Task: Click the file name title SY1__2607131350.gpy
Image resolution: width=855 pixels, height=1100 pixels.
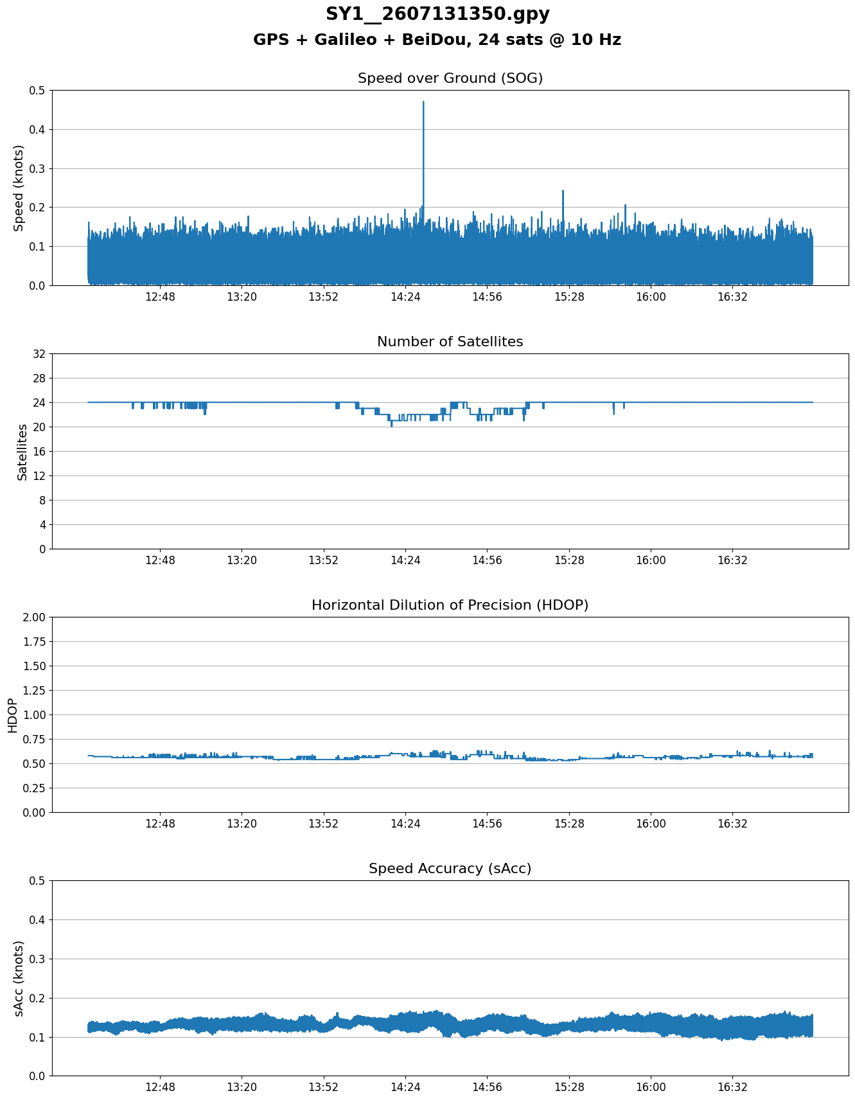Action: [437, 14]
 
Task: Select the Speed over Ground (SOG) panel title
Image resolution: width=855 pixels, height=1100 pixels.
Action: [450, 78]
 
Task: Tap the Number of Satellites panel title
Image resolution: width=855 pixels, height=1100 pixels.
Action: [450, 342]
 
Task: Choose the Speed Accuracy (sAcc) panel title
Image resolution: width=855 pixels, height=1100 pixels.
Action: [450, 869]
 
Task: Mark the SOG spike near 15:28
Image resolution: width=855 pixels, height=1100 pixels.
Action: [563, 191]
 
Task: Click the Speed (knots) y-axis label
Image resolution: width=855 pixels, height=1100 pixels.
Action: [19, 188]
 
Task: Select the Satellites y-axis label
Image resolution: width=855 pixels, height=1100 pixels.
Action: [22, 452]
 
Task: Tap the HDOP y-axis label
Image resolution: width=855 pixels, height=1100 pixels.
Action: [12, 715]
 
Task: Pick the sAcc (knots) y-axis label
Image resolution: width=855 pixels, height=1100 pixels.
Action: [19, 978]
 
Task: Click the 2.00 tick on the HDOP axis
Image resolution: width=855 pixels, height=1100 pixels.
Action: [35, 617]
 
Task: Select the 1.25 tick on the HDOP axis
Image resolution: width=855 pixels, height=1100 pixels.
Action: [35, 691]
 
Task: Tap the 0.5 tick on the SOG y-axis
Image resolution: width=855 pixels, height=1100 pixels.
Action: [38, 91]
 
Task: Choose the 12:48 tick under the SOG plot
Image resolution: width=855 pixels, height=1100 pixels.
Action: [160, 297]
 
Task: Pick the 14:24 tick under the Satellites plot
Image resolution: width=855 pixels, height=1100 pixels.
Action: [405, 560]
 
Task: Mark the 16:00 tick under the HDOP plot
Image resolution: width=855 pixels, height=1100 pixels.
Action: [651, 824]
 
